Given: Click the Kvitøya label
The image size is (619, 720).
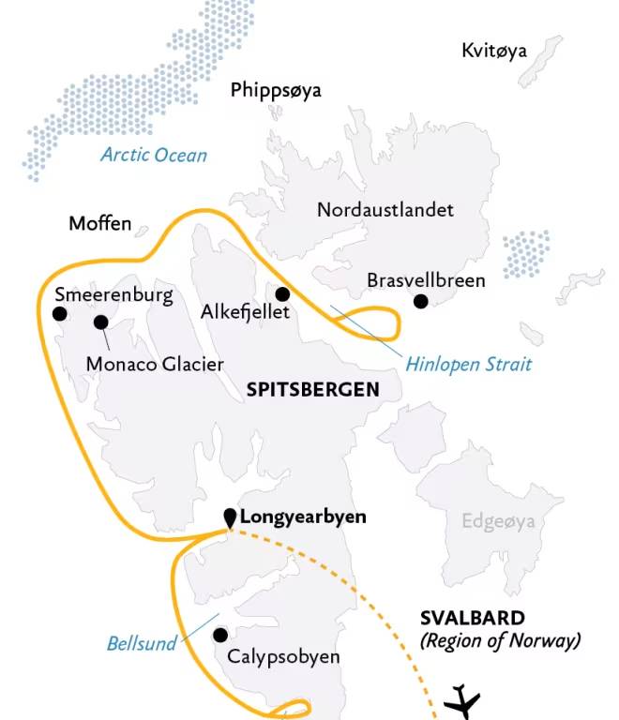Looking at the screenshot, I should pyautogui.click(x=494, y=51).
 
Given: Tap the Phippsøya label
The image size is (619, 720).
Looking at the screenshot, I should pyautogui.click(x=276, y=90).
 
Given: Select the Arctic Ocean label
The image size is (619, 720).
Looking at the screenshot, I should pyautogui.click(x=155, y=155).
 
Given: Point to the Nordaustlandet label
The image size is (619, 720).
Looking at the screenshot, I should pyautogui.click(x=385, y=209).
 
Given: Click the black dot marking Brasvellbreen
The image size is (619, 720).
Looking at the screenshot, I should pyautogui.click(x=421, y=301).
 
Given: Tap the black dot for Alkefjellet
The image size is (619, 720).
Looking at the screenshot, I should pyautogui.click(x=281, y=294).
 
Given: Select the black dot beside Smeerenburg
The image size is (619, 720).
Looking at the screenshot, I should pyautogui.click(x=60, y=315).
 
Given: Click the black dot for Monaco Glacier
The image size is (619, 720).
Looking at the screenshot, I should pyautogui.click(x=100, y=322).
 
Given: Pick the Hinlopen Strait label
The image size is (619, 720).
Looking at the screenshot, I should pyautogui.click(x=468, y=363).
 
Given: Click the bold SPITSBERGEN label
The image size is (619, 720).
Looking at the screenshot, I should pyautogui.click(x=312, y=389).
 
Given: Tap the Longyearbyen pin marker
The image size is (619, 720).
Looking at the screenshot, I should pyautogui.click(x=230, y=517).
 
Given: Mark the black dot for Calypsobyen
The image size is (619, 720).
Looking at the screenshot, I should pyautogui.click(x=220, y=635).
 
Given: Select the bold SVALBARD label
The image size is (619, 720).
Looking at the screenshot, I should pyautogui.click(x=472, y=618).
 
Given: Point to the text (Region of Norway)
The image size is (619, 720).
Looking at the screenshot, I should pyautogui.click(x=500, y=641).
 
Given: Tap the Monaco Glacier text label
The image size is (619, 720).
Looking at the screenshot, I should pyautogui.click(x=155, y=364).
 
